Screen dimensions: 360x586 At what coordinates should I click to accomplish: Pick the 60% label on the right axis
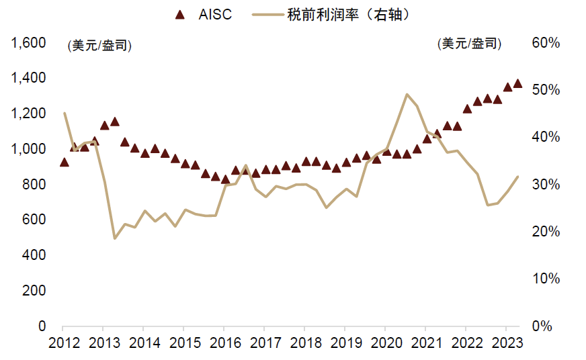point(546,43)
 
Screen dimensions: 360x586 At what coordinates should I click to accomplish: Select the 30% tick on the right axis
point(546,185)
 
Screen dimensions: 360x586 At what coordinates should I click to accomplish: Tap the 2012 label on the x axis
point(62,343)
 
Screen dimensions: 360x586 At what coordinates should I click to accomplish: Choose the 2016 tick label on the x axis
point(224,343)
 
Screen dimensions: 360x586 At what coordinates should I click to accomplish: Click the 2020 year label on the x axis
point(385,343)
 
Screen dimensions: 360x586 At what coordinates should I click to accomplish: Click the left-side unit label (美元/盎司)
point(99,46)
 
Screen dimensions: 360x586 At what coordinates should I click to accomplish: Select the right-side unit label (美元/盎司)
point(469,44)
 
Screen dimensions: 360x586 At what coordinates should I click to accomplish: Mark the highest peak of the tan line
point(407,94)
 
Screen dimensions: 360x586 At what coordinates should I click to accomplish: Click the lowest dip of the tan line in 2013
point(114,238)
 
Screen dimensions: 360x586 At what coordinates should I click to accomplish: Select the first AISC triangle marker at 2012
point(64,163)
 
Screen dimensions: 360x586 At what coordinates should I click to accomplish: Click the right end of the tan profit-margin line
point(518,177)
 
